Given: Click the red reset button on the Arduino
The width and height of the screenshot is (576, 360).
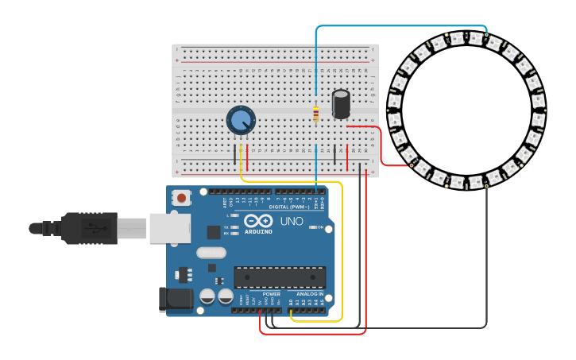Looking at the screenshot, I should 182,198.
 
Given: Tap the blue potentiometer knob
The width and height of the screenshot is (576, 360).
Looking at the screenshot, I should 241,121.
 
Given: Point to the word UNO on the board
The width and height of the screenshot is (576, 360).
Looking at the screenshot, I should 292,221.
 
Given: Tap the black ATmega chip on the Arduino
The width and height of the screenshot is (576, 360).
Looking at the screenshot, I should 280,277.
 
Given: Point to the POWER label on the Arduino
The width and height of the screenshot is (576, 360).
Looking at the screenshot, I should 272,294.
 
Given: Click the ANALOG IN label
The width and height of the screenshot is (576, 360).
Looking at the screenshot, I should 310,294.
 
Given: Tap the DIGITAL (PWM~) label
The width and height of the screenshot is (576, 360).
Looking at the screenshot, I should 290,207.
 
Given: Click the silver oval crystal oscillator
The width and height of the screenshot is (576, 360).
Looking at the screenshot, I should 211,253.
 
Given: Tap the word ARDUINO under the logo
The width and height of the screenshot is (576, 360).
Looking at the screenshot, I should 259,231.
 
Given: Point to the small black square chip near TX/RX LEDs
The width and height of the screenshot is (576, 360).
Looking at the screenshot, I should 214,232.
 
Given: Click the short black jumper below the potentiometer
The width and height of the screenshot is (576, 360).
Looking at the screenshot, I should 235,154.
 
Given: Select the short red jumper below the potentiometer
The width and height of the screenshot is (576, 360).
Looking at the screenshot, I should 247,157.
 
